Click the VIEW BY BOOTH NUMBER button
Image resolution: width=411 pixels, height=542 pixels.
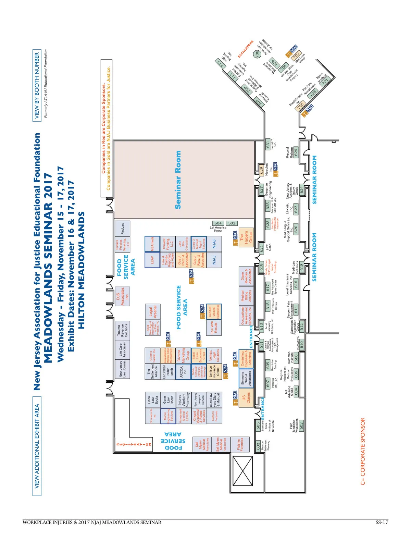(37, 85)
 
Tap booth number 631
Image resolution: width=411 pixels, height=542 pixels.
(268, 145)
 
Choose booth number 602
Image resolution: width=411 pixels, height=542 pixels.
(301, 426)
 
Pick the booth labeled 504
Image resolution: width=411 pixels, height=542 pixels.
(218, 223)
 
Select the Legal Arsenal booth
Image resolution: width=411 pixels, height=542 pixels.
(153, 312)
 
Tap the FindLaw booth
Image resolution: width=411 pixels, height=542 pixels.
(122, 229)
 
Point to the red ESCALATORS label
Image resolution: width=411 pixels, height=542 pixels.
(246, 49)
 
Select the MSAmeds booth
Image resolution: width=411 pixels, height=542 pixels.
(152, 244)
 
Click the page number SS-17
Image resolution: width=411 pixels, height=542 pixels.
(382, 522)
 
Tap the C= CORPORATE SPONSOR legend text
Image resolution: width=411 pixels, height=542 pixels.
(363, 451)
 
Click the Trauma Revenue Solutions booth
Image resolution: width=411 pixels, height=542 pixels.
(122, 331)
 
